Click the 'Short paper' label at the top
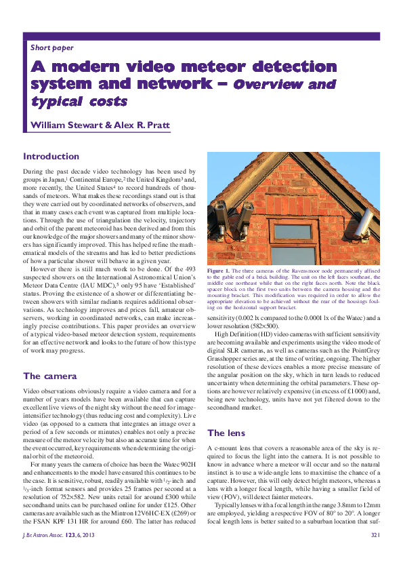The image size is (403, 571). click(52, 48)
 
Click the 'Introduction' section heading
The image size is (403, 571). click(51, 156)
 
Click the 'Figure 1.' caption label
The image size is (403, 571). click(219, 271)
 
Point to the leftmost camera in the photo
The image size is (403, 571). click(221, 216)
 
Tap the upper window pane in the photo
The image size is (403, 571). click(292, 231)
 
